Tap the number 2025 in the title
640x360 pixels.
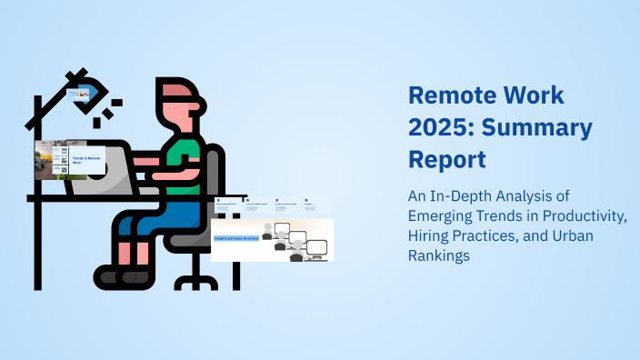coord(443,127)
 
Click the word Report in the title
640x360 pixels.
coord(446,159)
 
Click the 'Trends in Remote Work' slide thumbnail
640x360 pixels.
coord(70,160)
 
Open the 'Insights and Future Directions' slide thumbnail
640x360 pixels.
coord(272,239)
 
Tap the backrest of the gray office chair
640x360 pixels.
coord(215,177)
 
